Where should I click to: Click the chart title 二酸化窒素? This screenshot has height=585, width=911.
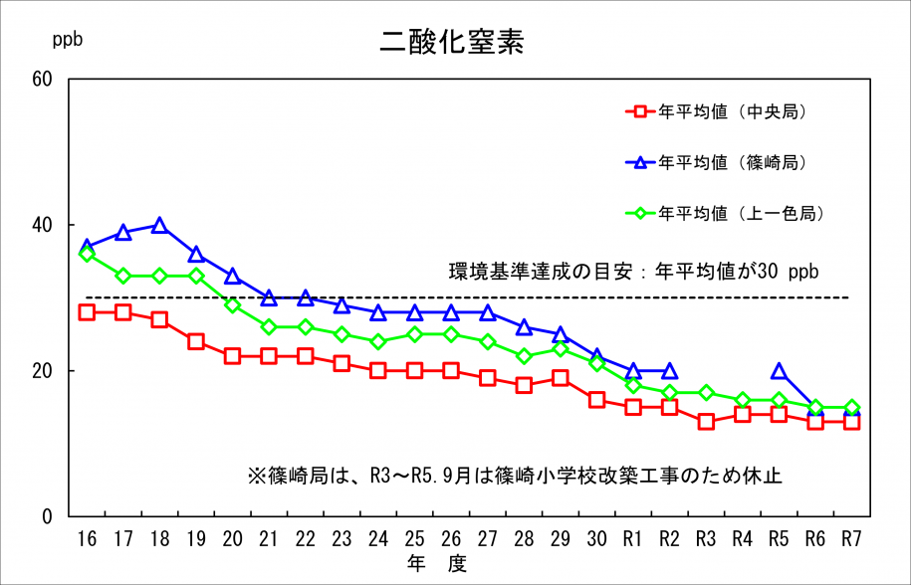coord(452,42)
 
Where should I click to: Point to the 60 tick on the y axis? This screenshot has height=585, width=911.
coord(43,79)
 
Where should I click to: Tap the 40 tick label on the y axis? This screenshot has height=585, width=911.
coord(43,225)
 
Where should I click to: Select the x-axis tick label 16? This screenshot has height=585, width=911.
coord(87,538)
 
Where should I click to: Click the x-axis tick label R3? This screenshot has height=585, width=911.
coord(706,538)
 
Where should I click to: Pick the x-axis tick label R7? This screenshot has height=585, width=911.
coord(851,538)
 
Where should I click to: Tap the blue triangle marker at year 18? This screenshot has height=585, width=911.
coord(159,225)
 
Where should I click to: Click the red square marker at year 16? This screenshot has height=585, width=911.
coord(87,312)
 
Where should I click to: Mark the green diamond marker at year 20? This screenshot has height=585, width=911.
coord(232,305)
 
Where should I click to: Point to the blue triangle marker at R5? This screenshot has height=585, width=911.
coord(779,371)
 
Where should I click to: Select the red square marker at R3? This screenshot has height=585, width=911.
coord(706,422)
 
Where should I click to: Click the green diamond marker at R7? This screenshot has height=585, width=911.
coord(851,407)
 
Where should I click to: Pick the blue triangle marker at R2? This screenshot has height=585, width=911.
coord(669,371)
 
